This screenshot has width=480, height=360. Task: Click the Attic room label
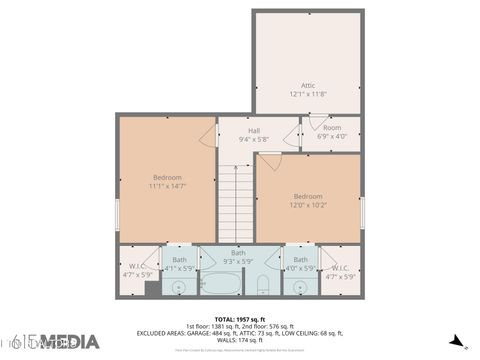pos(307,85)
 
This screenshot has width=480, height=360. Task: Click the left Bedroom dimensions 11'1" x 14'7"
pos(167,186)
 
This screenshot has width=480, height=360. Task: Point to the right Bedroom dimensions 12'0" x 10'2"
pos(308,205)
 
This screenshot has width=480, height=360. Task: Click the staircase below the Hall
pos(236,204)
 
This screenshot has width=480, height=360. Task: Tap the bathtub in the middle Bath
pos(221,284)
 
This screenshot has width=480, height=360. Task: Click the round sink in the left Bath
pos(178,288)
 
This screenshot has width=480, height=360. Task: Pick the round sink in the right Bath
pos(301,287)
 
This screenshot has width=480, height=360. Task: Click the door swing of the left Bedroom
pos(208,138)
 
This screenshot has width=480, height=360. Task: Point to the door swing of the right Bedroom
pos(269,160)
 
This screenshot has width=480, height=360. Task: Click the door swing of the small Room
pos(314,123)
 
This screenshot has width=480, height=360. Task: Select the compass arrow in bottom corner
pos(456,341)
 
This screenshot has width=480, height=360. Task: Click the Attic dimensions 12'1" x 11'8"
pos(307,94)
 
